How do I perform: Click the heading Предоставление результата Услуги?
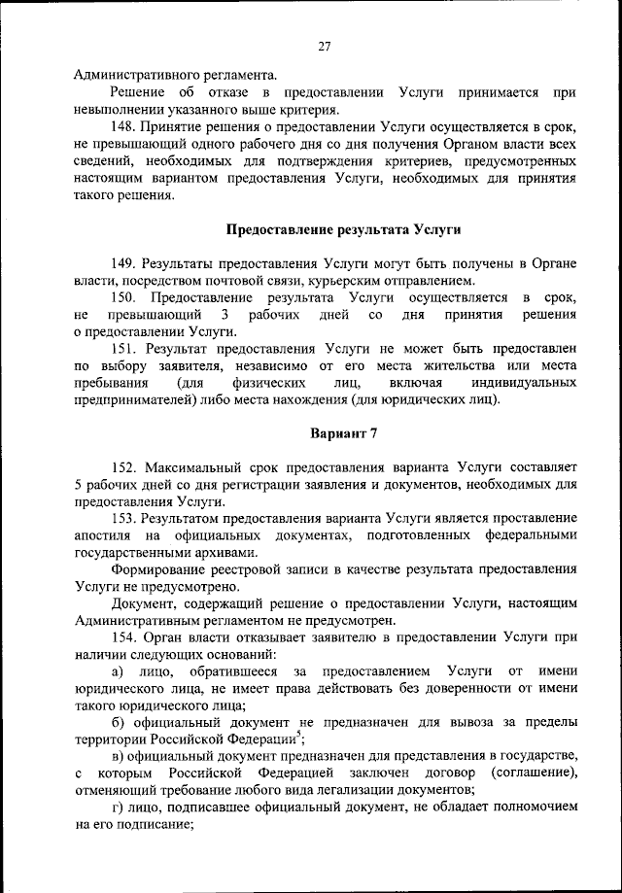[x=343, y=230]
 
